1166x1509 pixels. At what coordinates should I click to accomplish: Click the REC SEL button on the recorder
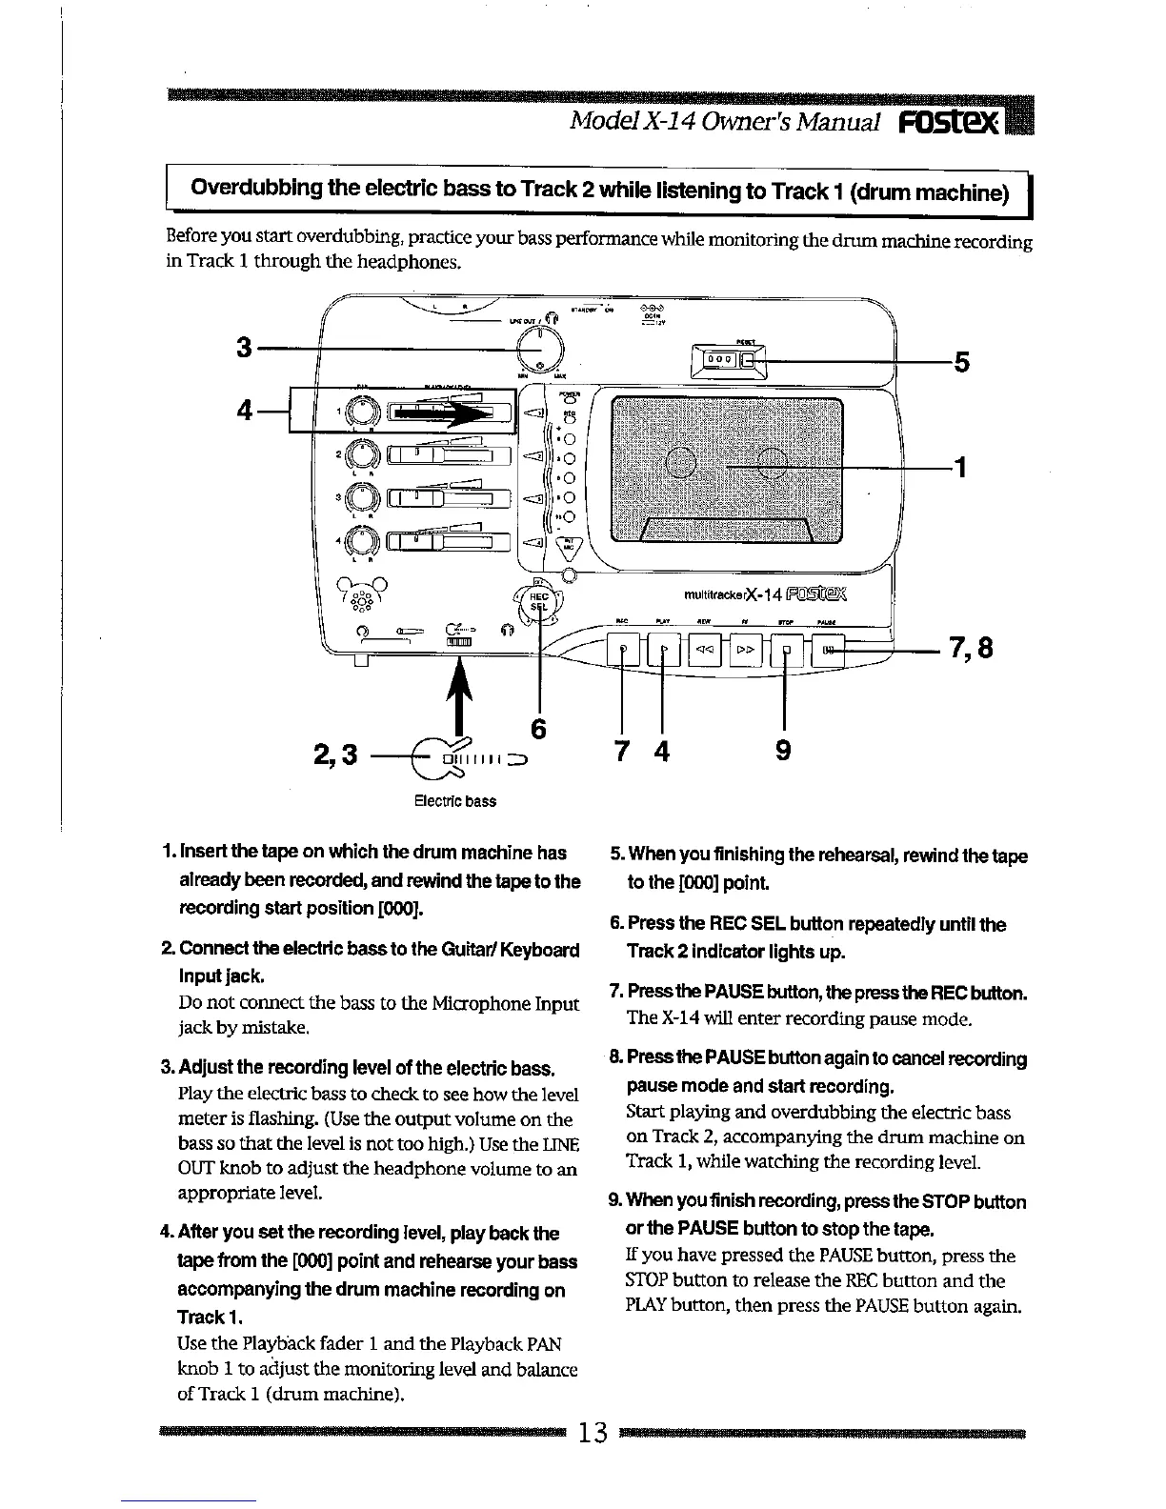pos(540,601)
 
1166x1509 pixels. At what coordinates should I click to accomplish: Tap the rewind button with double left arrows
pos(706,652)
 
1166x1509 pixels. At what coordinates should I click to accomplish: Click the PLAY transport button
pos(664,652)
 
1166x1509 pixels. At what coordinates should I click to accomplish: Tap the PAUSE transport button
pos(829,652)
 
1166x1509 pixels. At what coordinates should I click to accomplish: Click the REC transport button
pos(624,652)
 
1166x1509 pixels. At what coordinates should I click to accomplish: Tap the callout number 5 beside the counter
pos(961,362)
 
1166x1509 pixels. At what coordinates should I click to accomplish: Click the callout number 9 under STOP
pos(782,752)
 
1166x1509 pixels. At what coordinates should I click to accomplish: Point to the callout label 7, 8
pos(970,649)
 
